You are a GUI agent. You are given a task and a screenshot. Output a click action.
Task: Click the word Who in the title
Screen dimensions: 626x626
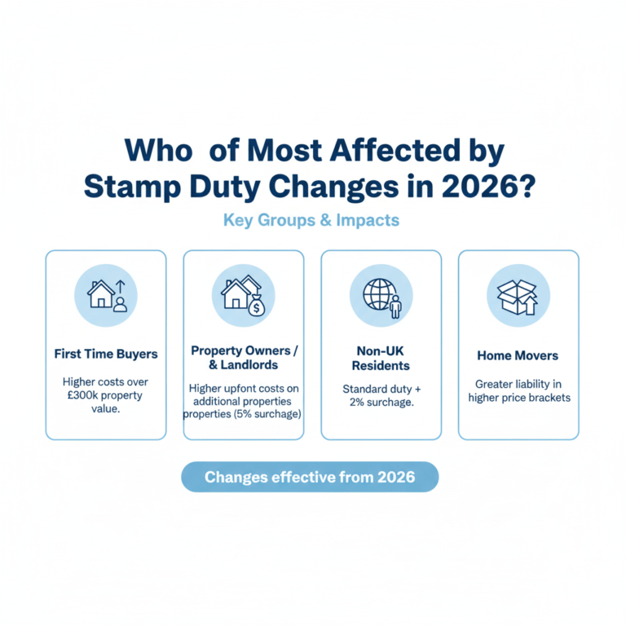tap(161, 151)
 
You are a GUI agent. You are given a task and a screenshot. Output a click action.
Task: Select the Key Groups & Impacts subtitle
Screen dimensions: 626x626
tap(311, 220)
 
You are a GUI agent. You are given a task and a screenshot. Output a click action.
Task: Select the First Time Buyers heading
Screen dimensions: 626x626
tap(106, 354)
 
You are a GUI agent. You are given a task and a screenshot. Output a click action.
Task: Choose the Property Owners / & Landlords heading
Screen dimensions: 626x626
tap(244, 358)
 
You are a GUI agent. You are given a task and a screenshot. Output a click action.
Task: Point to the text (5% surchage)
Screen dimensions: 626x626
tap(270, 413)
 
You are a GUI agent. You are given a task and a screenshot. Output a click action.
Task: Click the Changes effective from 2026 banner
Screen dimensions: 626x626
tap(310, 477)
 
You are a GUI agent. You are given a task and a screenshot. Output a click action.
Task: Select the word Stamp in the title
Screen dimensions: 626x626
tap(131, 185)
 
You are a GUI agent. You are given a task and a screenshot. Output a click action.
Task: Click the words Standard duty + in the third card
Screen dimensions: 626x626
tap(381, 389)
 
